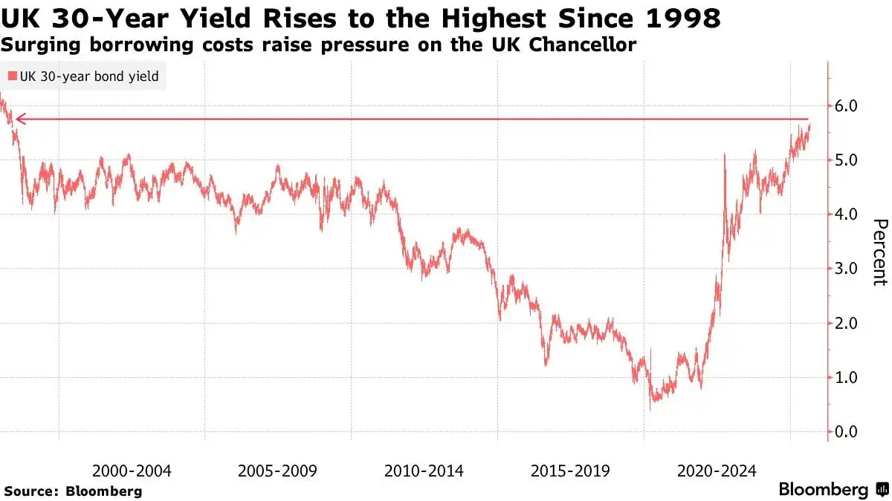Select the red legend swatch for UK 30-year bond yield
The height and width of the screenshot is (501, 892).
tap(13, 76)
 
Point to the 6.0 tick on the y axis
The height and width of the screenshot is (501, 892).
tap(847, 106)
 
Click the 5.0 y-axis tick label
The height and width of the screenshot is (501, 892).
tap(847, 160)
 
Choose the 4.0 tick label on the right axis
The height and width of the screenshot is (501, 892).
tap(847, 215)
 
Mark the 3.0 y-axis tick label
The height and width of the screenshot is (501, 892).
tap(847, 269)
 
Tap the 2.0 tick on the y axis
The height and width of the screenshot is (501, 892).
tap(847, 324)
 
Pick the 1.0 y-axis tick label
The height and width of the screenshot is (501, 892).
tap(847, 378)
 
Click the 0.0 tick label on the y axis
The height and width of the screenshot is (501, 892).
tap(847, 432)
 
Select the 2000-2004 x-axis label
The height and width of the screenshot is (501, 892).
tap(132, 471)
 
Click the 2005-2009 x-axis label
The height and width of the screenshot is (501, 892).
tap(278, 471)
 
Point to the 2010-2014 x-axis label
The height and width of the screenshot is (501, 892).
tap(424, 471)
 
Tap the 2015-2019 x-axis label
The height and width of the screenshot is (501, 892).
tap(571, 471)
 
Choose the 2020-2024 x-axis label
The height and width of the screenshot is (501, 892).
tap(717, 471)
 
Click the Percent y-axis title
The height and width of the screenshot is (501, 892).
tap(879, 252)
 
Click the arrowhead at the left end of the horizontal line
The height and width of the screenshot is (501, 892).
tap(19, 119)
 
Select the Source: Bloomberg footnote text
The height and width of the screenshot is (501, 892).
tap(73, 491)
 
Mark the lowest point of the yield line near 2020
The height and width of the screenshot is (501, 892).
tap(650, 409)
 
